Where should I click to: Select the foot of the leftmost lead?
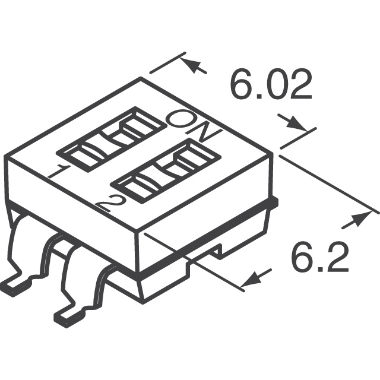pyautogui.click(x=14, y=287)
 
